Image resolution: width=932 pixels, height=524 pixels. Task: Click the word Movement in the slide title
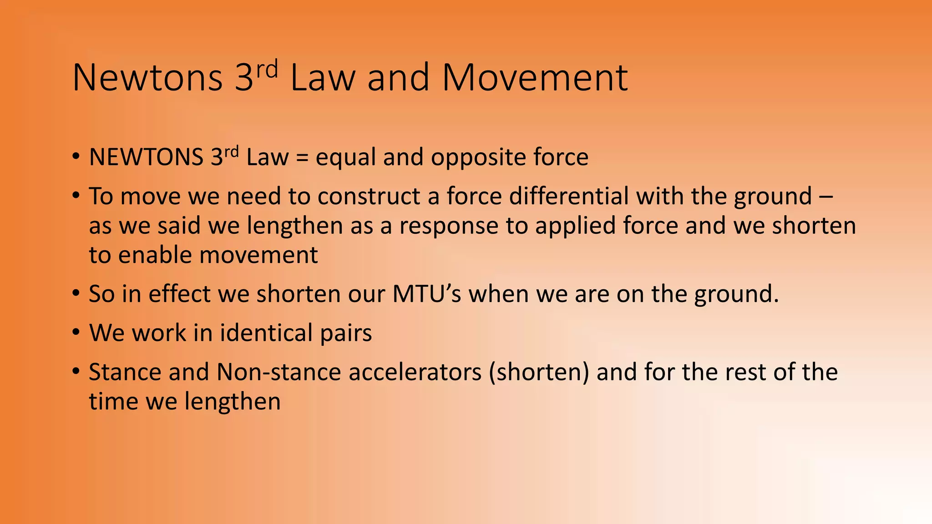[x=535, y=78]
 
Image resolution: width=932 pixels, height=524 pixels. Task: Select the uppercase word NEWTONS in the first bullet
[x=146, y=157]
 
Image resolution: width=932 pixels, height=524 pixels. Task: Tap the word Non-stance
[x=279, y=372]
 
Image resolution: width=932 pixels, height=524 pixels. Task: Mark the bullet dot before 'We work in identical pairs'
[x=76, y=332]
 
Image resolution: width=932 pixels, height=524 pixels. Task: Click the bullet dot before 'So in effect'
[x=76, y=293]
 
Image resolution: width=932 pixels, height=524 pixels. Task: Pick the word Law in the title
[x=322, y=78]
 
